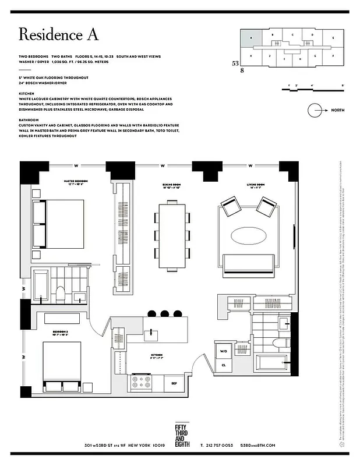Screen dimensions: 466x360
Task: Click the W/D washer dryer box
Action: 224,351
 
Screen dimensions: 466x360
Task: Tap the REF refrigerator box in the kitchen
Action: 173,383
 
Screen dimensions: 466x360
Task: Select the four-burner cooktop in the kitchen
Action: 142,383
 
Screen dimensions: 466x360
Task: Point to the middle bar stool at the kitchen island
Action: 164,313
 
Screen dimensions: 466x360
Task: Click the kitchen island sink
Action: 152,333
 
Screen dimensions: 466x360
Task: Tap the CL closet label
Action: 224,365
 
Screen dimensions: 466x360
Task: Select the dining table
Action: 172,235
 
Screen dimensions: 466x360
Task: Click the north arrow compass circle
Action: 316,110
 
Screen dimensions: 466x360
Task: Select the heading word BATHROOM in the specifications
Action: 30,119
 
